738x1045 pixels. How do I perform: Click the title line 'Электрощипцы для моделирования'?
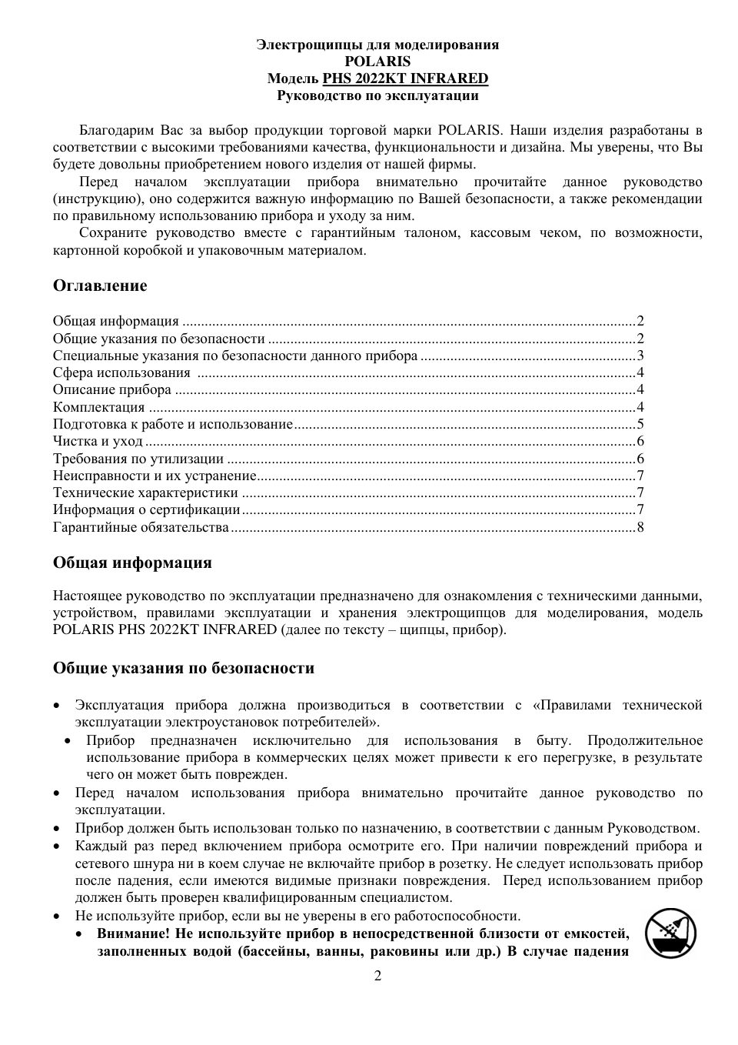tap(377, 45)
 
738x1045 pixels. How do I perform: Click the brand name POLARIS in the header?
tap(377, 62)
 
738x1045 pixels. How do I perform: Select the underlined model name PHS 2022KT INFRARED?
tap(405, 78)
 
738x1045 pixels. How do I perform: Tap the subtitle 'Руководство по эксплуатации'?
tap(377, 95)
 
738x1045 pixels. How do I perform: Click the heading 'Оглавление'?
tap(100, 285)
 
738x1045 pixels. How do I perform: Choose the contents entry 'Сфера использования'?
tap(121, 373)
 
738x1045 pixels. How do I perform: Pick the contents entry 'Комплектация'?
tap(99, 407)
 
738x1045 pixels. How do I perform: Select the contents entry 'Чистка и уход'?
tap(98, 441)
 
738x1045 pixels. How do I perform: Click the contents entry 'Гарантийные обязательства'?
tap(141, 527)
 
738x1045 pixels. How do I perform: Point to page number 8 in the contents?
tap(640, 527)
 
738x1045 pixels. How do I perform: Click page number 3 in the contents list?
tap(640, 356)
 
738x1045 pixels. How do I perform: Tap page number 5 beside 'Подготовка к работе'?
tap(640, 424)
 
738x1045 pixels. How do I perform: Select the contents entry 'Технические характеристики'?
tap(145, 492)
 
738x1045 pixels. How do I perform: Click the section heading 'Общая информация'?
tap(132, 563)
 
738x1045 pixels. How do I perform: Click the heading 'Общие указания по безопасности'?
tap(184, 668)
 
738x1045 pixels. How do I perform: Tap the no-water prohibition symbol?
tap(671, 933)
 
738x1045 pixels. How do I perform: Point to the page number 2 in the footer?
tap(377, 977)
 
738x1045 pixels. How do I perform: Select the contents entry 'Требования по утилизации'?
tap(138, 459)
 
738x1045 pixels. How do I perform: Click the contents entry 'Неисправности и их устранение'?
tap(155, 476)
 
